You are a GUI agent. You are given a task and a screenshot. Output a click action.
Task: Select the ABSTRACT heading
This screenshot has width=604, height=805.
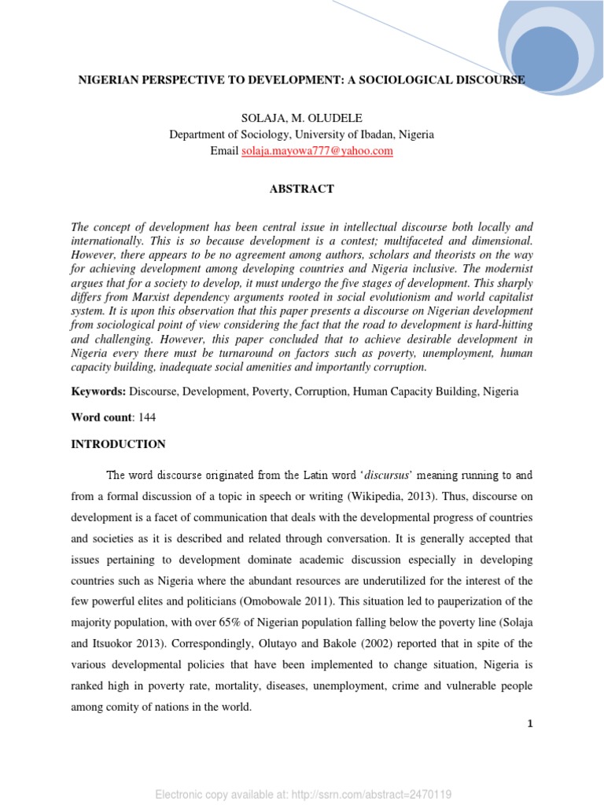(x=302, y=189)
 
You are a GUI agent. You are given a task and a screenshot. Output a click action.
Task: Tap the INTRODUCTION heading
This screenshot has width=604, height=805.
(x=118, y=444)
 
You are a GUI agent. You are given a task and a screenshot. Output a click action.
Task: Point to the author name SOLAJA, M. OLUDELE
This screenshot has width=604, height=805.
(x=301, y=118)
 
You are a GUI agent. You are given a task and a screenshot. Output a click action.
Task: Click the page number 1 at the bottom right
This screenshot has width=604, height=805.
(x=531, y=724)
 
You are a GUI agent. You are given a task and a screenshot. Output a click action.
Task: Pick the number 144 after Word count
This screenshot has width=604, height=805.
(x=147, y=417)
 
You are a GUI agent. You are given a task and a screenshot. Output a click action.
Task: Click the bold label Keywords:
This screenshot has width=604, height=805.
(x=98, y=391)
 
